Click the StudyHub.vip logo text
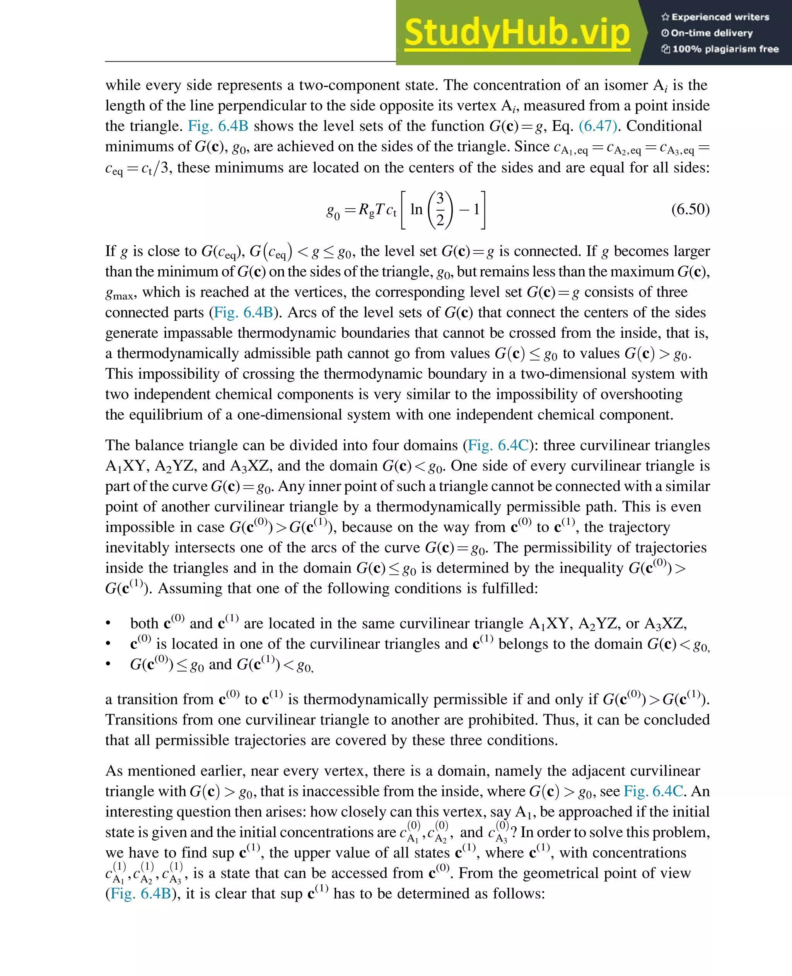coord(517,33)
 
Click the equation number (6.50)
coord(690,209)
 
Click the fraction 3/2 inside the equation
coord(440,210)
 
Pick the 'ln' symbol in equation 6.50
coord(416,209)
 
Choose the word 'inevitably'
coord(137,548)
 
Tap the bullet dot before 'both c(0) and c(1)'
coord(108,624)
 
